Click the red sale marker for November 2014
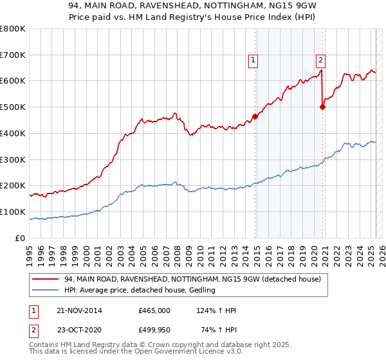click(x=255, y=116)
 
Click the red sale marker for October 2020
click(x=322, y=107)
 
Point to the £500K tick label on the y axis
click(x=13, y=107)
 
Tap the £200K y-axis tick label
click(x=13, y=186)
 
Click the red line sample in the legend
click(x=46, y=279)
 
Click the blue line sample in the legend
click(x=46, y=291)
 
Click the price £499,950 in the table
click(x=154, y=330)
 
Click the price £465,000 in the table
click(x=154, y=310)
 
